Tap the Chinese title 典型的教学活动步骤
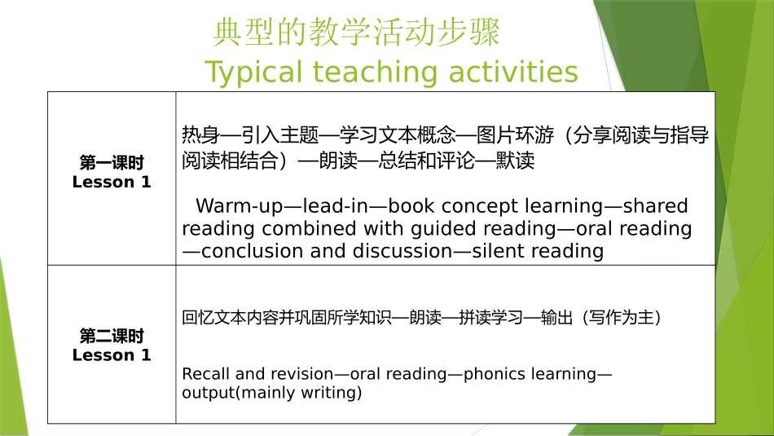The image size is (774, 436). (x=356, y=33)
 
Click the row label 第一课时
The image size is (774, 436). (x=112, y=162)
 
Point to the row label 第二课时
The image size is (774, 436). (x=112, y=336)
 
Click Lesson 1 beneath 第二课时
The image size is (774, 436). (x=112, y=355)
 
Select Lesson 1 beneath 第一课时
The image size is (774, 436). (x=112, y=182)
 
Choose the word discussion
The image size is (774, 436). (x=401, y=251)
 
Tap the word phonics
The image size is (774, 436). (x=486, y=374)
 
